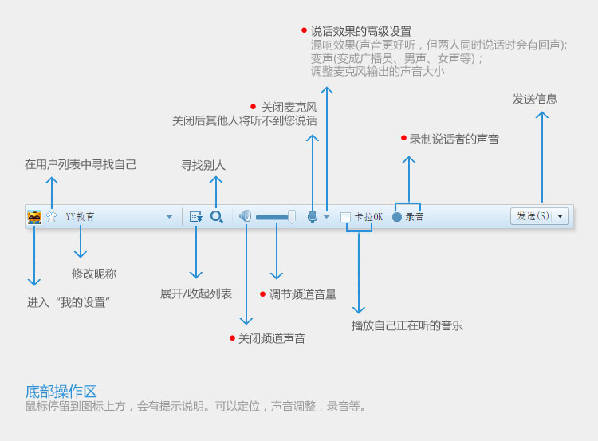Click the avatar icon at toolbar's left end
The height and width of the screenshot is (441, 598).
click(x=34, y=216)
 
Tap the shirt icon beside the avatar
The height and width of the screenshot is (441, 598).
click(x=52, y=216)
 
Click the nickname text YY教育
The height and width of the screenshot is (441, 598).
click(x=80, y=216)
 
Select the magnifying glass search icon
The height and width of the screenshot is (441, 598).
click(x=216, y=216)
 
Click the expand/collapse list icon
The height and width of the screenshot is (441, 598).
click(x=195, y=216)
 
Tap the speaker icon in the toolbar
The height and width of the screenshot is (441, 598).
click(x=246, y=215)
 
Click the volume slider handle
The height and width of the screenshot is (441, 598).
click(x=292, y=216)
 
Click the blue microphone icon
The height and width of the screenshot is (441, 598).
click(x=313, y=216)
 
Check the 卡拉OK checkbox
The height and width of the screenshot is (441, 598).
click(x=346, y=217)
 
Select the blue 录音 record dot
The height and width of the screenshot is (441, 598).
click(x=397, y=217)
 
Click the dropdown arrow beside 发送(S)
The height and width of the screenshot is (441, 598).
click(x=561, y=216)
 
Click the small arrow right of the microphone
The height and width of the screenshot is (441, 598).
click(x=326, y=217)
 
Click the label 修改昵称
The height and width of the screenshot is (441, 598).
click(x=93, y=274)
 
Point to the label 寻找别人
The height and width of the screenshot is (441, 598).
click(x=203, y=165)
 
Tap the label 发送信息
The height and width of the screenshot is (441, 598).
click(x=534, y=99)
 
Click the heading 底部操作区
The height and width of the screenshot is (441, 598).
click(x=61, y=392)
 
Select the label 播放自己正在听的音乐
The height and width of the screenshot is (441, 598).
click(x=407, y=325)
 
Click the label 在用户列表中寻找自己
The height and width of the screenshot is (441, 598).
click(x=81, y=164)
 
